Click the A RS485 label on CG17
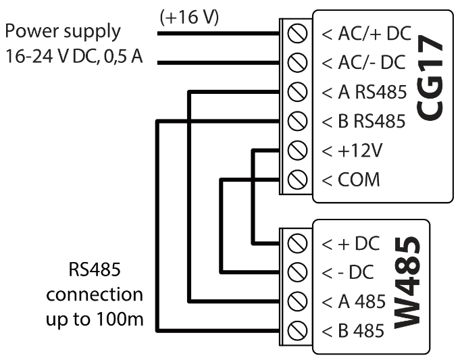pyautogui.click(x=364, y=93)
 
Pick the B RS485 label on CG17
pyautogui.click(x=364, y=122)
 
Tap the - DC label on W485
pyautogui.click(x=349, y=272)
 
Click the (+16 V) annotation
pyautogui.click(x=188, y=18)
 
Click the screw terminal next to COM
pyautogui.click(x=294, y=180)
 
